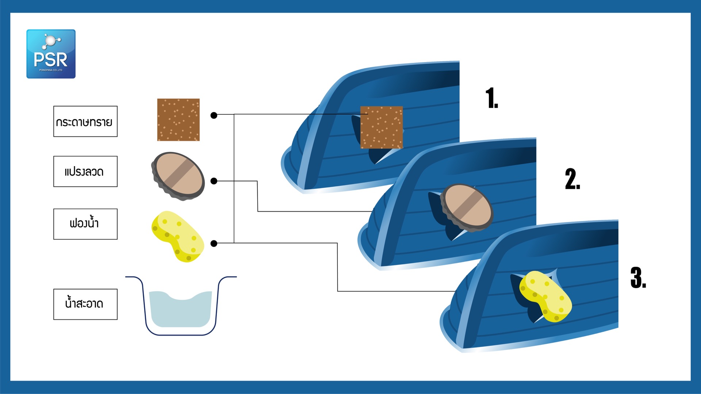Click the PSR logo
click(51, 54)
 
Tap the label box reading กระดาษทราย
click(85, 122)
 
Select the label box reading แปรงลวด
click(85, 172)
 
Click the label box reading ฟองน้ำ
click(85, 224)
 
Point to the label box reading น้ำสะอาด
click(85, 305)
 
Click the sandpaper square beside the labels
click(179, 120)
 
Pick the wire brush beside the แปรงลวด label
click(178, 176)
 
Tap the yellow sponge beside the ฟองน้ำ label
click(178, 237)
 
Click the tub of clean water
click(181, 306)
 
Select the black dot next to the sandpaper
click(214, 115)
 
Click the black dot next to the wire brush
click(214, 181)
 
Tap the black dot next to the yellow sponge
click(214, 244)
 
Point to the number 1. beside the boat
click(492, 98)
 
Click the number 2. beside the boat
click(572, 179)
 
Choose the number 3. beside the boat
click(638, 278)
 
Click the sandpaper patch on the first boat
click(382, 127)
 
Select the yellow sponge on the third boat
click(545, 297)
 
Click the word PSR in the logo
click(51, 60)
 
